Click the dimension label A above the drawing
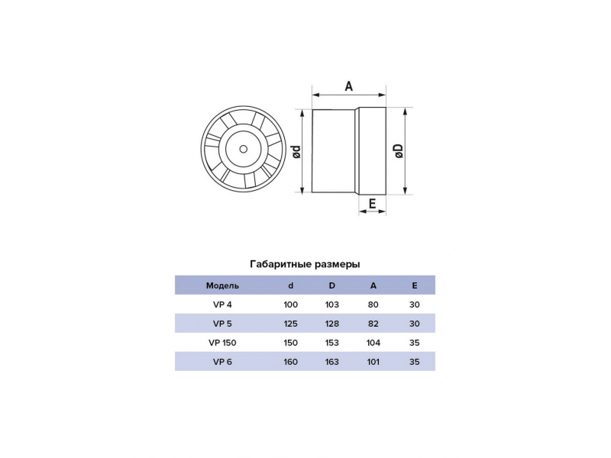[x=349, y=85]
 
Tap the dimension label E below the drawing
[x=372, y=203]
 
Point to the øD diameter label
[x=399, y=150]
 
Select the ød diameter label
[x=296, y=151]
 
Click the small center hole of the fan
[x=244, y=149]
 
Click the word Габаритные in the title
[x=280, y=264]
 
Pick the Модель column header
[x=222, y=285]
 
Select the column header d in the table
[x=291, y=285]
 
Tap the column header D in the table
[x=332, y=285]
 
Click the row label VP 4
[x=222, y=305]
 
